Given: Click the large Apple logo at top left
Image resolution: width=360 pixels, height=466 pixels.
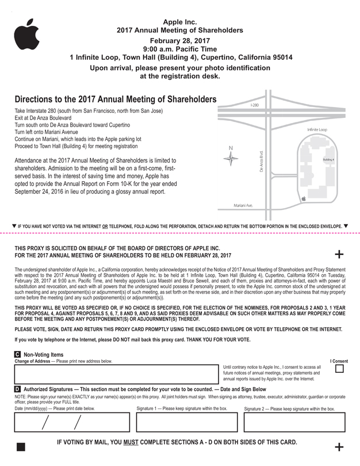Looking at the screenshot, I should coord(26,35).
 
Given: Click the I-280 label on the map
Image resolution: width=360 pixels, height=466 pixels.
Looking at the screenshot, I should coord(255,106).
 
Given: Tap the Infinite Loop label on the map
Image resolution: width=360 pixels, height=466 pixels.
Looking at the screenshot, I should coord(317,130).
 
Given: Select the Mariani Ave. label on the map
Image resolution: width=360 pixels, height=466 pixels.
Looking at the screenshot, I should coord(243,205).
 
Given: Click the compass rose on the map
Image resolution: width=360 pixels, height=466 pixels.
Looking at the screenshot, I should coord(231,159).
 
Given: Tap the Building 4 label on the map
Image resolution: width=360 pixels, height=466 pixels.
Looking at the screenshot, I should coord(328,159).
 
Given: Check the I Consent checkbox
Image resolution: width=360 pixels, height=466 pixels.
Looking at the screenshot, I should coord(339,369).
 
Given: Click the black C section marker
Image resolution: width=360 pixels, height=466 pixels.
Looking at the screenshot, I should coord(17,354).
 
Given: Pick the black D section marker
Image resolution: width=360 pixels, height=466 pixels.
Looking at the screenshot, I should coord(17,389).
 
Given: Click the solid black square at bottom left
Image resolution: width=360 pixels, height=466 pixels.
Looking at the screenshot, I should coord(21,447).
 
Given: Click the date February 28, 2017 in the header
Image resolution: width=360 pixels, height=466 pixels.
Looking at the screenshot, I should coord(179,41).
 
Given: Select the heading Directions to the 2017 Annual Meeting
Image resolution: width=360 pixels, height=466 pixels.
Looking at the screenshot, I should coord(115,100).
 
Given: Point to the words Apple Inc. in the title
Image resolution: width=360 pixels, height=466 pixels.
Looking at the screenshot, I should coord(179,21).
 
